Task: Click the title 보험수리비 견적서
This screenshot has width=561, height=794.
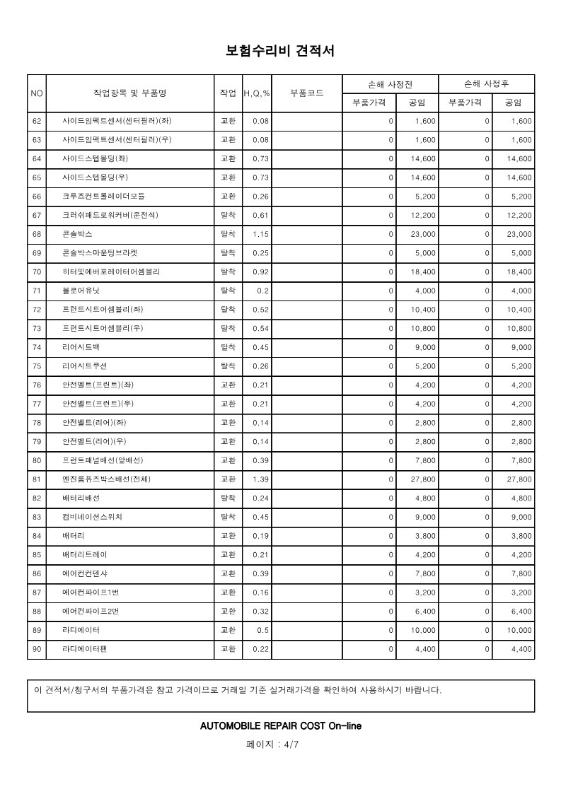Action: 280,51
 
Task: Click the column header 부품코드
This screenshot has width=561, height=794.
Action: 307,93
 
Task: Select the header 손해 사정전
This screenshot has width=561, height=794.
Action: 390,84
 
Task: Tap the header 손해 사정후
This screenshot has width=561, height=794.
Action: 486,84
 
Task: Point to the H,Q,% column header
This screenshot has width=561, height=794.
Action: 257,93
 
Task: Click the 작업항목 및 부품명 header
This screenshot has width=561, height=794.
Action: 129,93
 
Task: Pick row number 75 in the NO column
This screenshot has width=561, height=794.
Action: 37,366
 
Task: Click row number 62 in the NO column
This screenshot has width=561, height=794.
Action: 37,122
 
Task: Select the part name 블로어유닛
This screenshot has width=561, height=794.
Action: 81,291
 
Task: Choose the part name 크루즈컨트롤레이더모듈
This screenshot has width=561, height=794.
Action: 103,197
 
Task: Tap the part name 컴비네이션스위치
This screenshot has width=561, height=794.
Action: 93,517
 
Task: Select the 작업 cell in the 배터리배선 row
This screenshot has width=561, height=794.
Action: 229,498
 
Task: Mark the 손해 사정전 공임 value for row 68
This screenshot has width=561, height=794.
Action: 423,234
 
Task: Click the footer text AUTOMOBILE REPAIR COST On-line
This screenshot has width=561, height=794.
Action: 281,726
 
